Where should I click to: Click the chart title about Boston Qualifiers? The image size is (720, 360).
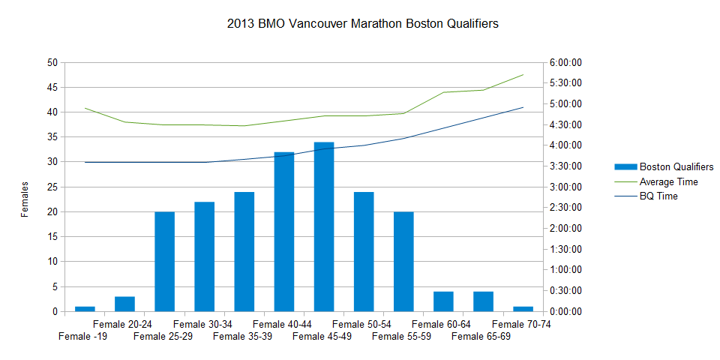(x=362, y=24)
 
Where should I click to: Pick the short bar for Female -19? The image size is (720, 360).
(x=85, y=308)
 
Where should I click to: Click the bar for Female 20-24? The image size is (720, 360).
(x=124, y=304)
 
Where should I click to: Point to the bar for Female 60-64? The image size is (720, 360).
(x=443, y=301)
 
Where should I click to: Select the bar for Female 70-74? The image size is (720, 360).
(x=523, y=308)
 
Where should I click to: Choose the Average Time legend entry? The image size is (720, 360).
(x=668, y=181)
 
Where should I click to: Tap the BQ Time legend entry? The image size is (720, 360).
(x=658, y=196)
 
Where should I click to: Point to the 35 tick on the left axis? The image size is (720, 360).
(x=52, y=137)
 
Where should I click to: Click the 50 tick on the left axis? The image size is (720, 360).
(x=52, y=63)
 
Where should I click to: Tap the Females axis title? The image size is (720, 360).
(x=25, y=199)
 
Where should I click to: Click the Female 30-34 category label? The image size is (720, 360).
(x=202, y=324)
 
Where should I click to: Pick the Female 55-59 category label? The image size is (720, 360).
(x=401, y=336)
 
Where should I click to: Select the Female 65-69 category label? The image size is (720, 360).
(x=481, y=336)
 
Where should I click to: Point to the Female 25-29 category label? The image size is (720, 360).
(x=163, y=336)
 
